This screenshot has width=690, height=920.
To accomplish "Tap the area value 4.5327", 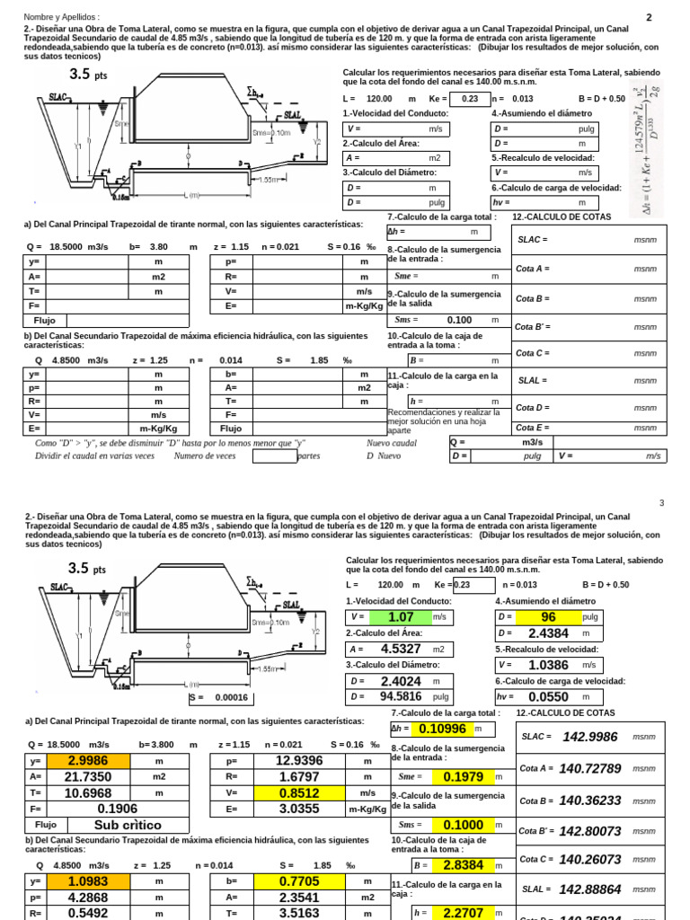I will tap(401, 649).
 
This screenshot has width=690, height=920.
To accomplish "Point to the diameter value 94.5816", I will tap(401, 696).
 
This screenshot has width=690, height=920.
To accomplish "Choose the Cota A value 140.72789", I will tap(590, 768).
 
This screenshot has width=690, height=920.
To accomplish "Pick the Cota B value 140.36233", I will tap(590, 800).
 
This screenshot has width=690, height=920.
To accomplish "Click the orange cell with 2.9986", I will tap(88, 761).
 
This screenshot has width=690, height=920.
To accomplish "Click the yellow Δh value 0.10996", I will tap(441, 729).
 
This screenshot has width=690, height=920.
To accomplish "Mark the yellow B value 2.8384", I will tap(463, 864).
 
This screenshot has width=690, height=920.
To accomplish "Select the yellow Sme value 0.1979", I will tap(463, 776).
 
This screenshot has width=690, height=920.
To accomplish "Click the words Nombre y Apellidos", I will tap(61, 17).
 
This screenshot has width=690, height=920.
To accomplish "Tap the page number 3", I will tap(661, 503).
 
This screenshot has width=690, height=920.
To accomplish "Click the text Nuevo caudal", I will tap(392, 443).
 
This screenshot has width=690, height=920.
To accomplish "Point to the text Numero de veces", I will tap(205, 456).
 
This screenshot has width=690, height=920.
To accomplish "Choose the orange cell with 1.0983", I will tap(88, 881).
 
